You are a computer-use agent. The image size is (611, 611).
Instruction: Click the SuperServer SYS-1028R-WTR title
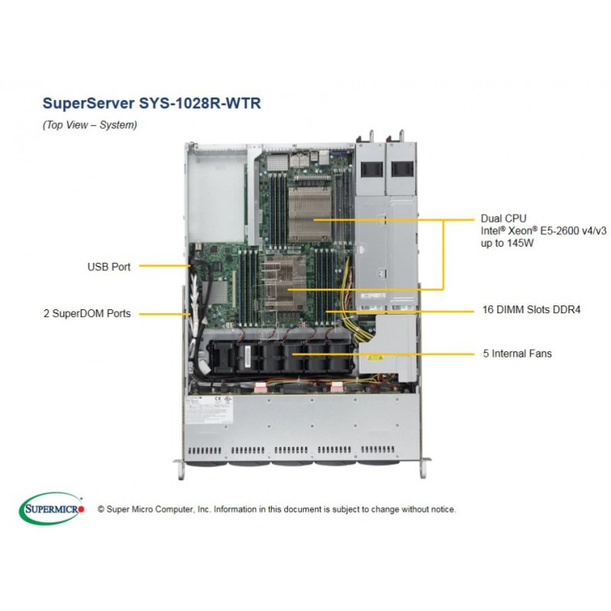coord(151,103)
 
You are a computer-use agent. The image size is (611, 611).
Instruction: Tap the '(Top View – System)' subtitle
coord(89,124)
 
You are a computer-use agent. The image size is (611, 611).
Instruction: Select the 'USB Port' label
coord(108,267)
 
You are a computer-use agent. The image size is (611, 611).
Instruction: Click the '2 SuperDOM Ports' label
coord(87,314)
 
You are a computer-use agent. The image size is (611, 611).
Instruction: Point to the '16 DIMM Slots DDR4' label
coord(532,310)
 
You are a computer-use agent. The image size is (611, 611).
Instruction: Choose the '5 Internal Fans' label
coord(518,354)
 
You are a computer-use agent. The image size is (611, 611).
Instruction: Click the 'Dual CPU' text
coord(503,218)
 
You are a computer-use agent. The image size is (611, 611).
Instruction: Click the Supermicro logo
coord(51,508)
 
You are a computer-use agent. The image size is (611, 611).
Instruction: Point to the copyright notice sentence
coord(276,509)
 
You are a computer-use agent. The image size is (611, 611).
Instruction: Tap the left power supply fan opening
coord(370,169)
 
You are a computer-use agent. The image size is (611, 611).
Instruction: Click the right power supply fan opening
coord(401,169)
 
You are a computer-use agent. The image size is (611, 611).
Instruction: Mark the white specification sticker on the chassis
coord(209,410)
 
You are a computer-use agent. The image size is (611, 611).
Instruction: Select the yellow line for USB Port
coord(165,266)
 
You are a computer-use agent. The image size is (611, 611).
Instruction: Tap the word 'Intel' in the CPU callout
coord(490,231)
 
